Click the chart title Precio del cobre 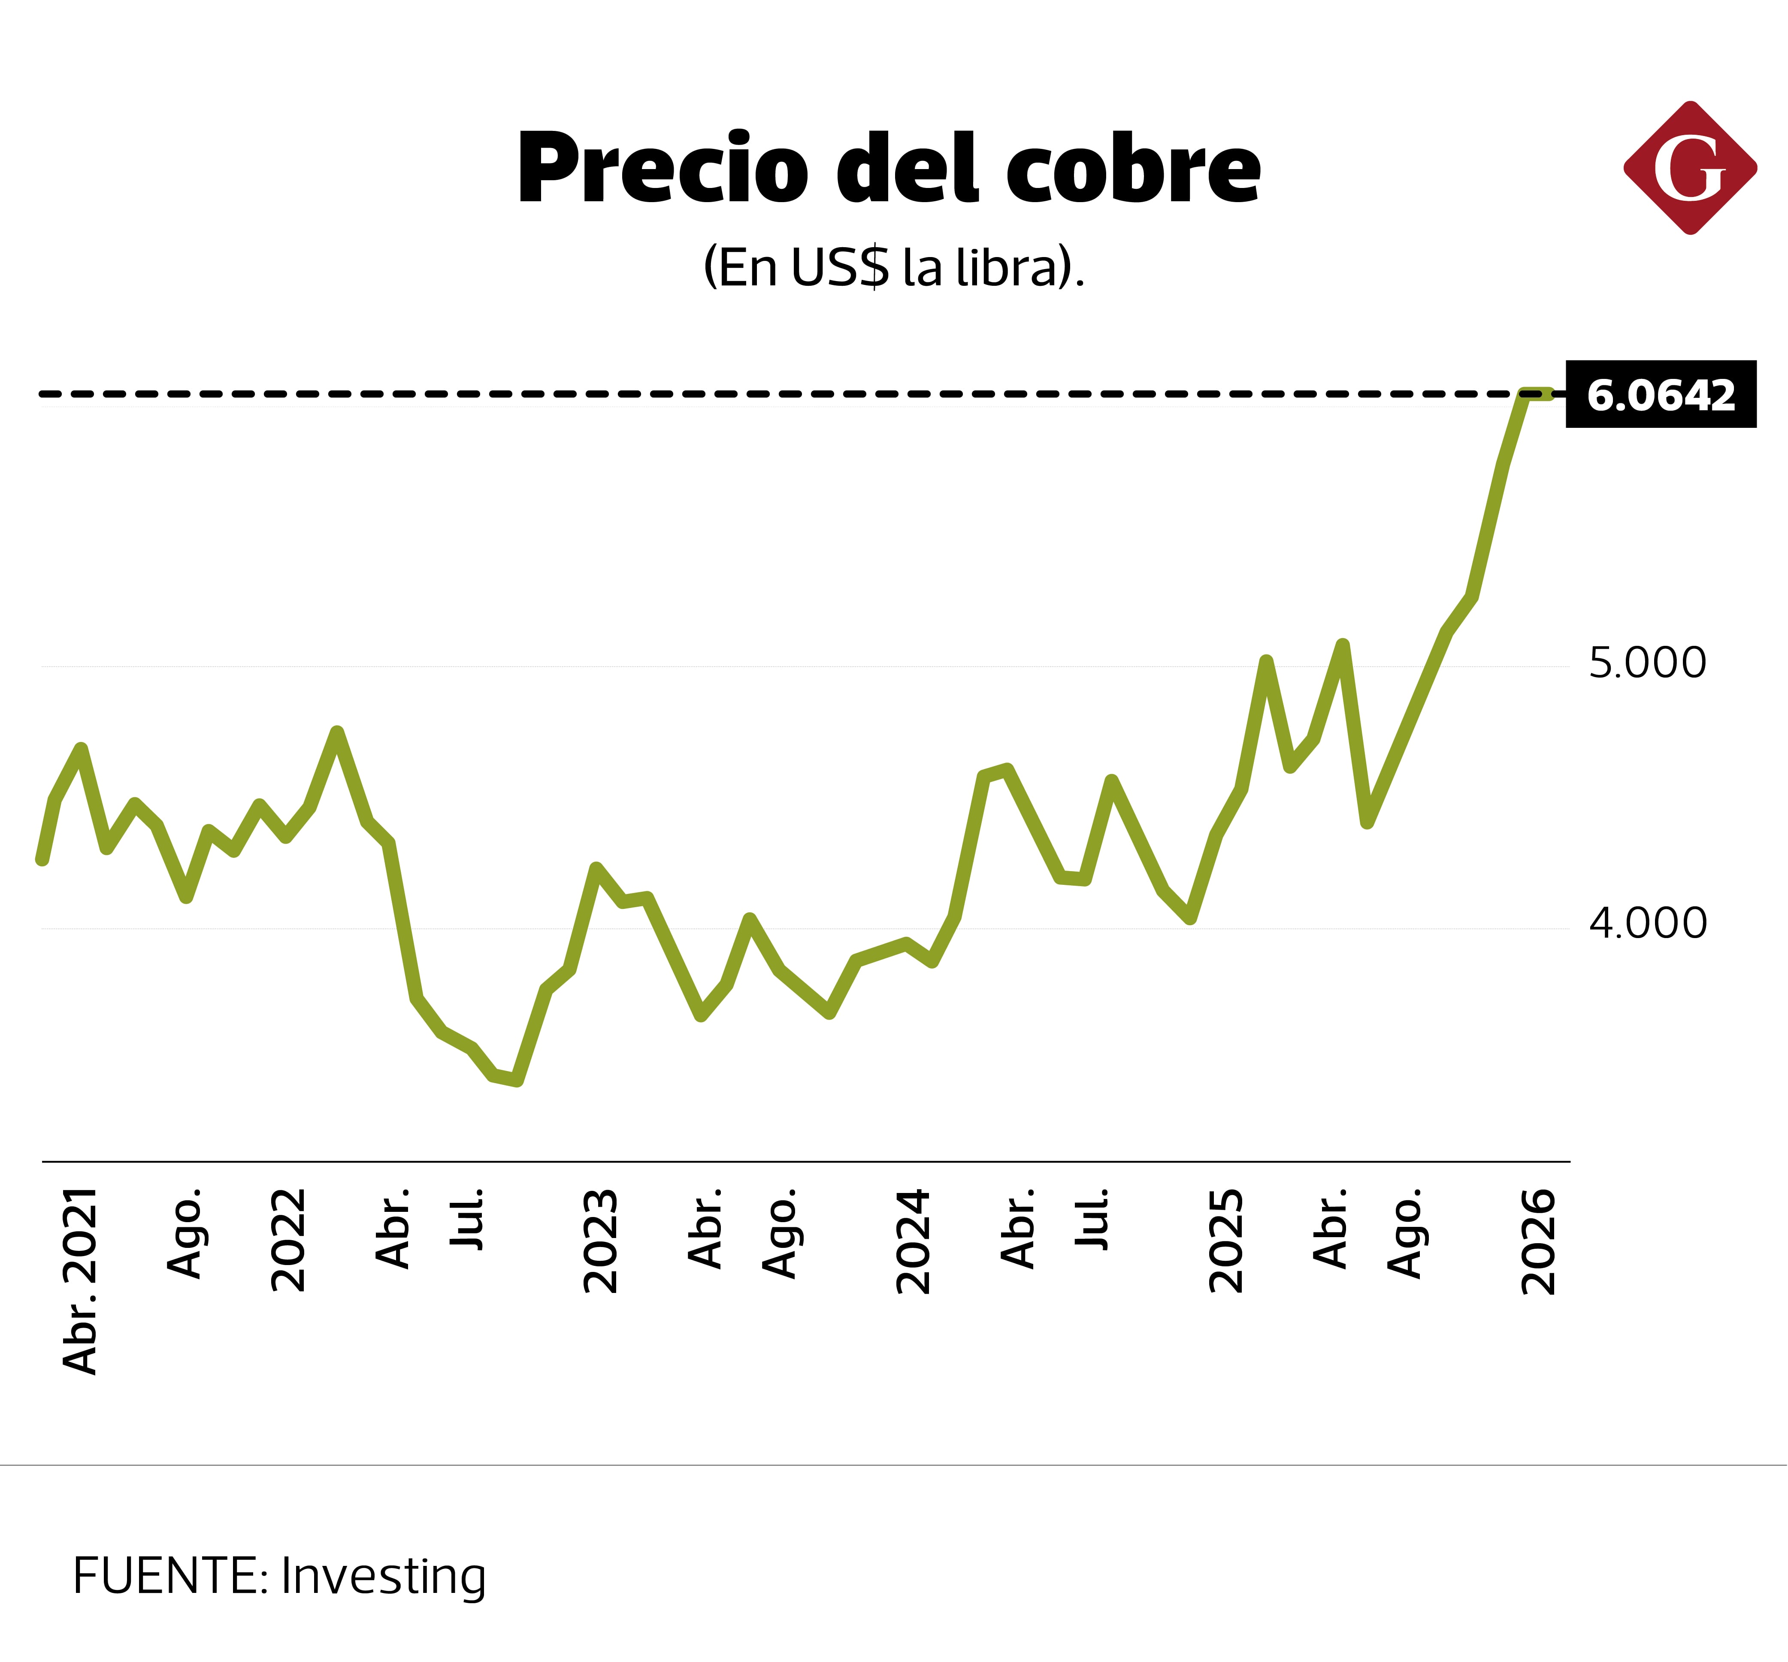pos(889,169)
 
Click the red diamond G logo pos(1690,168)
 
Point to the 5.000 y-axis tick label pos(1647,664)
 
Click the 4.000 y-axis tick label pos(1647,923)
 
